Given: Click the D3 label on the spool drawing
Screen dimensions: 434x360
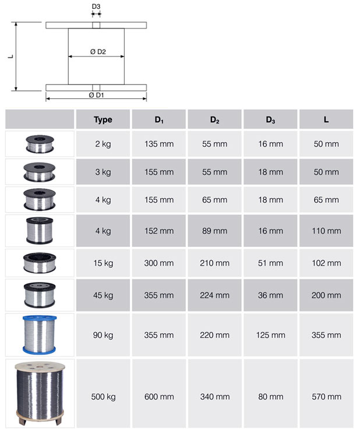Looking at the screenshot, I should coord(96,6).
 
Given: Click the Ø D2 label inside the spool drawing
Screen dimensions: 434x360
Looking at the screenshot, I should coord(97,52).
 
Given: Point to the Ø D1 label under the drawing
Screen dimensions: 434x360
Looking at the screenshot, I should coord(96,94).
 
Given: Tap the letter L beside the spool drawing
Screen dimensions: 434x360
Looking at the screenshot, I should coord(10,57).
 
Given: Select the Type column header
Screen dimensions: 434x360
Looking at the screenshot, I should coord(103,120).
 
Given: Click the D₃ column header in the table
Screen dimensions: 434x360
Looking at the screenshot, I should coord(270,120).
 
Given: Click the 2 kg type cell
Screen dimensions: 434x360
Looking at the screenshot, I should coord(103,144).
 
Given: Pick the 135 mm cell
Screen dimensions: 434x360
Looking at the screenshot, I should coord(158,144).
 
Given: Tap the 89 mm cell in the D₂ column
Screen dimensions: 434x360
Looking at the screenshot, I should coord(214,231).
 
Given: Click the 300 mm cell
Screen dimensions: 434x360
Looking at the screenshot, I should coord(158,263).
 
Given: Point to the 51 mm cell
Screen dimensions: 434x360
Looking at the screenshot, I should coord(270,263).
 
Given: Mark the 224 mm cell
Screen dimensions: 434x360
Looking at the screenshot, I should coord(214,295).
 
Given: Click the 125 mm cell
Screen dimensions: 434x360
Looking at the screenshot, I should coord(270,335).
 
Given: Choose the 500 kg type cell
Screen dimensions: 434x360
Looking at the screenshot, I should coord(103,397).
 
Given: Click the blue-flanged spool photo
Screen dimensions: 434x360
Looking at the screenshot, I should coord(40,334).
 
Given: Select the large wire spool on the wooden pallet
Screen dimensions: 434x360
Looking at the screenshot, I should coord(40,394).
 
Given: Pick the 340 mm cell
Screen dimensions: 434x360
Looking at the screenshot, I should coord(214,397).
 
